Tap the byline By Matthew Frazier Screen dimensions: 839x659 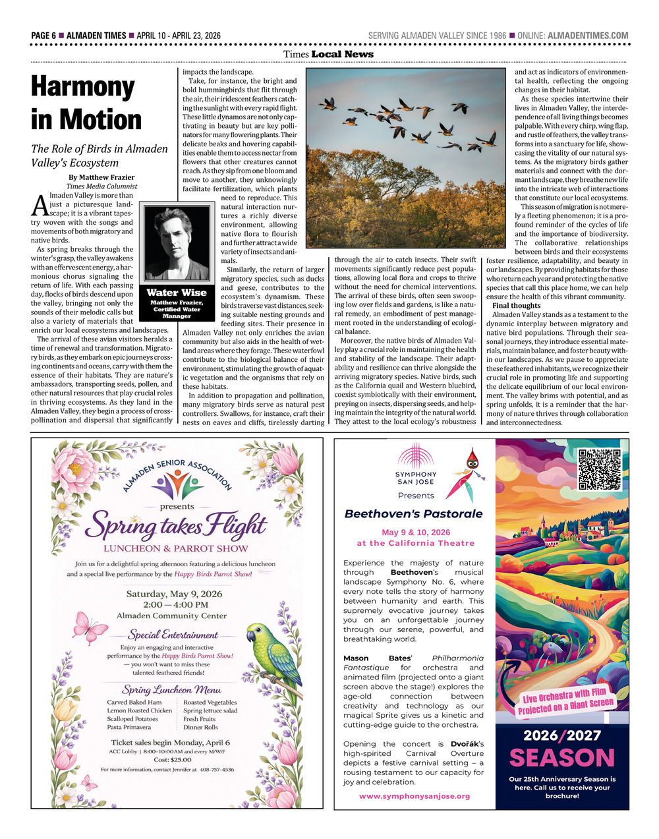101,177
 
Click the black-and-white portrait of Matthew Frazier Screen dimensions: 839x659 177,243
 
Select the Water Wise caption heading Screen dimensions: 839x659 177,293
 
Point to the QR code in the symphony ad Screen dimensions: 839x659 599,469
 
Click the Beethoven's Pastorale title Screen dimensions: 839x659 413,514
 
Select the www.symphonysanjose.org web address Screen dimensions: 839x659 415,796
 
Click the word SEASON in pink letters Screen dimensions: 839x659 561,758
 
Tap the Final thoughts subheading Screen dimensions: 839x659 516,306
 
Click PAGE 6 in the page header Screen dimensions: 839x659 43,36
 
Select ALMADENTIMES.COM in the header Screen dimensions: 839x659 588,36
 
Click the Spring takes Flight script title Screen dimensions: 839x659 175,527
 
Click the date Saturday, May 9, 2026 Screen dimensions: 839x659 174,594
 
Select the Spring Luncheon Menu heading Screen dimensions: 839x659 171,689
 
